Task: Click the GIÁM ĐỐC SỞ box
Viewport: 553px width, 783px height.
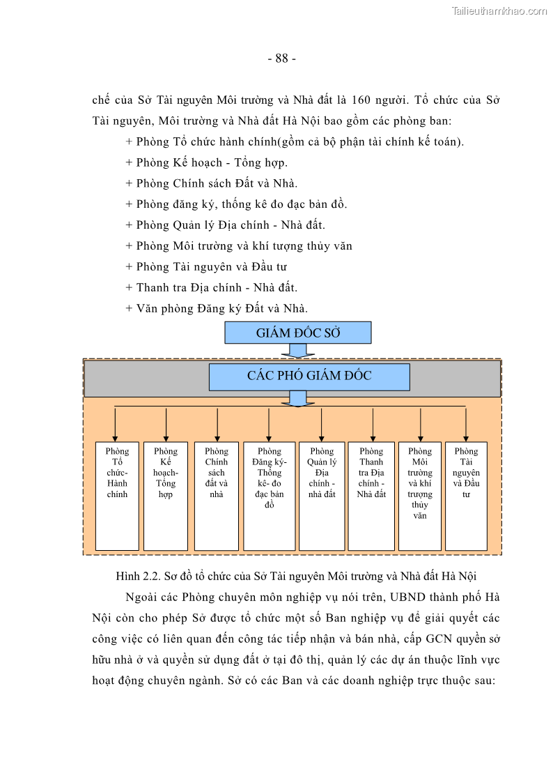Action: click(297, 333)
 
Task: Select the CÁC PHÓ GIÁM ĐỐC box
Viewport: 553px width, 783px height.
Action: click(309, 377)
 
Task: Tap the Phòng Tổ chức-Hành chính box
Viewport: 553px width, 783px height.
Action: click(117, 495)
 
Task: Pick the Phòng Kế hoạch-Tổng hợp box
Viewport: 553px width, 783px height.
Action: click(165, 495)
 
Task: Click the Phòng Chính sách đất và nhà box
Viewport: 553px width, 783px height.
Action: click(217, 495)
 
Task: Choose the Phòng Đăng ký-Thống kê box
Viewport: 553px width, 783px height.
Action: click(269, 495)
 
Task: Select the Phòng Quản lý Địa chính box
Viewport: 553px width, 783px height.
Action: click(321, 495)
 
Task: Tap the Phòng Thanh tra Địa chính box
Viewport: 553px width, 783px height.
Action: click(371, 495)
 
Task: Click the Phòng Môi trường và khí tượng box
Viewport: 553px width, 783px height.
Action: click(419, 495)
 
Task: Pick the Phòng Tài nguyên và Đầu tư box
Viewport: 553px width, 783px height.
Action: click(466, 495)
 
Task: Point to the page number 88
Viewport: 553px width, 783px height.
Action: click(281, 59)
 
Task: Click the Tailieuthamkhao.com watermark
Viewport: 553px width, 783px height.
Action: click(499, 10)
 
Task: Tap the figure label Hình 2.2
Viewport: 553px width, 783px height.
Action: click(139, 577)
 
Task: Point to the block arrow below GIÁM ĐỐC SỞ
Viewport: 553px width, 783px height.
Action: click(298, 350)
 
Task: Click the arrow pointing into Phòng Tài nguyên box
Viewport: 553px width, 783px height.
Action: click(466, 424)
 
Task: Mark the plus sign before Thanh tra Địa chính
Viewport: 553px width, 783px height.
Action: click(129, 287)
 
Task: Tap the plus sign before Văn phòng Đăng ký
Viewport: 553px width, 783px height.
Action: click(129, 308)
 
